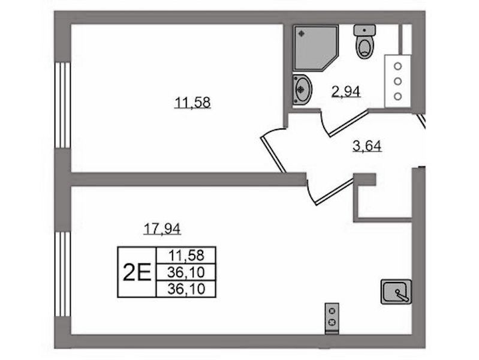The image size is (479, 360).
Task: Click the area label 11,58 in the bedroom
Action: [x=192, y=103]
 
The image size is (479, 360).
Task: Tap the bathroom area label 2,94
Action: [x=346, y=91]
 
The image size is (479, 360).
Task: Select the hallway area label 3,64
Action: [x=367, y=146]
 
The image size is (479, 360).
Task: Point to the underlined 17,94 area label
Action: [x=162, y=229]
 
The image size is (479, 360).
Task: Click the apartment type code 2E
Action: [x=137, y=272]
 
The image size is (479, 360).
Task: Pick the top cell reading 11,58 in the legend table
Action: [x=186, y=255]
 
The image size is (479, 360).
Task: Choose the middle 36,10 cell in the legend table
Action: [x=186, y=272]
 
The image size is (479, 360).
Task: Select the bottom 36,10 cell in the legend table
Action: [x=186, y=289]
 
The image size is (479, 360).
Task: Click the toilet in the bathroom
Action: [x=364, y=41]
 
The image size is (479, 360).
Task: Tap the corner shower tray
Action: [x=315, y=48]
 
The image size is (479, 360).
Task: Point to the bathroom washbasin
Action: [x=302, y=89]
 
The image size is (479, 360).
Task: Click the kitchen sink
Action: [x=396, y=292]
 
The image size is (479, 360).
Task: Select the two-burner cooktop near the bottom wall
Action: [x=332, y=318]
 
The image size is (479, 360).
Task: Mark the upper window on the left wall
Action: [x=63, y=105]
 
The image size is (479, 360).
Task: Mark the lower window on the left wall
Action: [x=63, y=274]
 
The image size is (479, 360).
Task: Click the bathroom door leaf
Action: [x=349, y=124]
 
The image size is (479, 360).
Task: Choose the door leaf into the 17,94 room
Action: [x=335, y=191]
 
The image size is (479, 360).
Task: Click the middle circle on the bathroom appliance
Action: [x=397, y=82]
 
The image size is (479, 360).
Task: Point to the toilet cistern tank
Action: [x=364, y=30]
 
